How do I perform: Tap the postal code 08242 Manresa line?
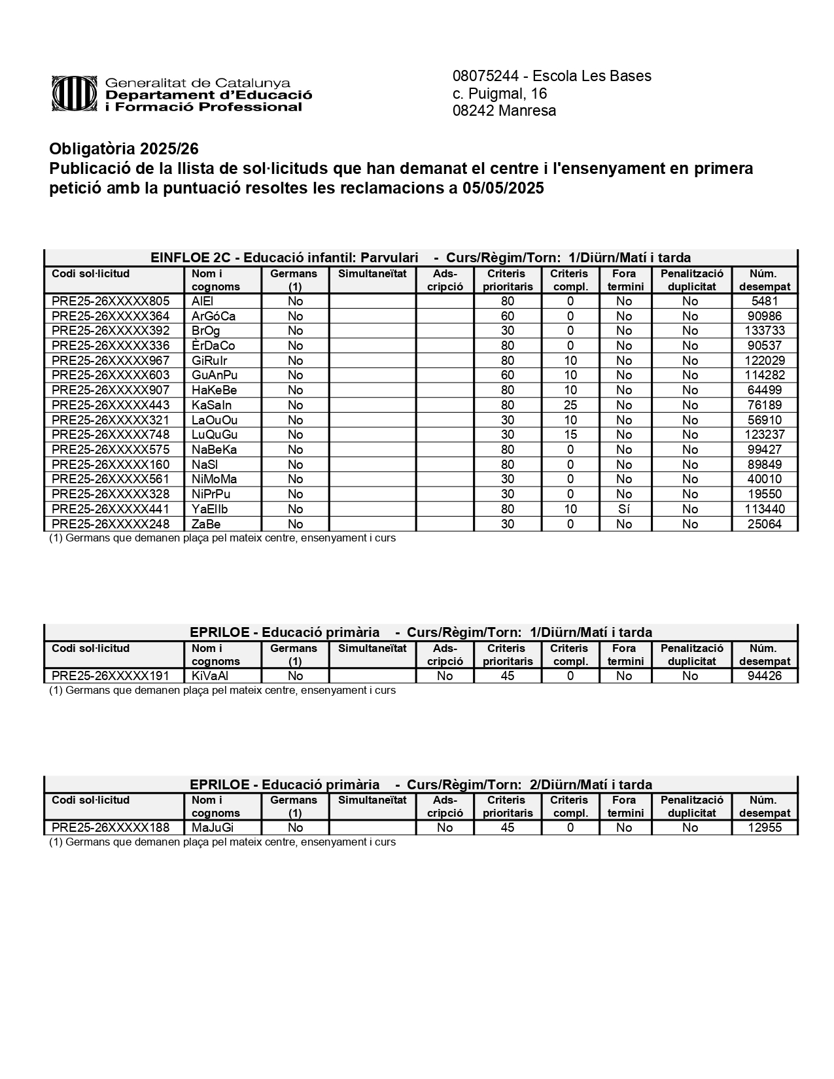[x=504, y=111]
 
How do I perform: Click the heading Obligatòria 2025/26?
[x=124, y=149]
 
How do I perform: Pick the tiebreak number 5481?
[x=764, y=301]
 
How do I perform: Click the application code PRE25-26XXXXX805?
[x=111, y=301]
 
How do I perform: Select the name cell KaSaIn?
[x=211, y=405]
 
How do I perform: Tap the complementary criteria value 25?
[x=570, y=405]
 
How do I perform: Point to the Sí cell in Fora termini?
[x=624, y=509]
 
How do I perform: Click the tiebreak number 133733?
[x=764, y=331]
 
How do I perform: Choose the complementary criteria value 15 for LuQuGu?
[x=570, y=435]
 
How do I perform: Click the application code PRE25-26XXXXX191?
[x=111, y=676]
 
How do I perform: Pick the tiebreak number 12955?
[x=764, y=827]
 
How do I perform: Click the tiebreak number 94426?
[x=764, y=676]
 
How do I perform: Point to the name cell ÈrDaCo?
[x=213, y=345]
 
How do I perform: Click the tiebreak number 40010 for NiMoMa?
[x=764, y=479]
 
